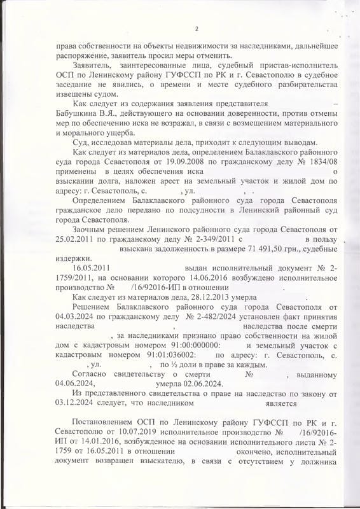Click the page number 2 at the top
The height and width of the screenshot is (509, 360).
[x=197, y=29]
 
